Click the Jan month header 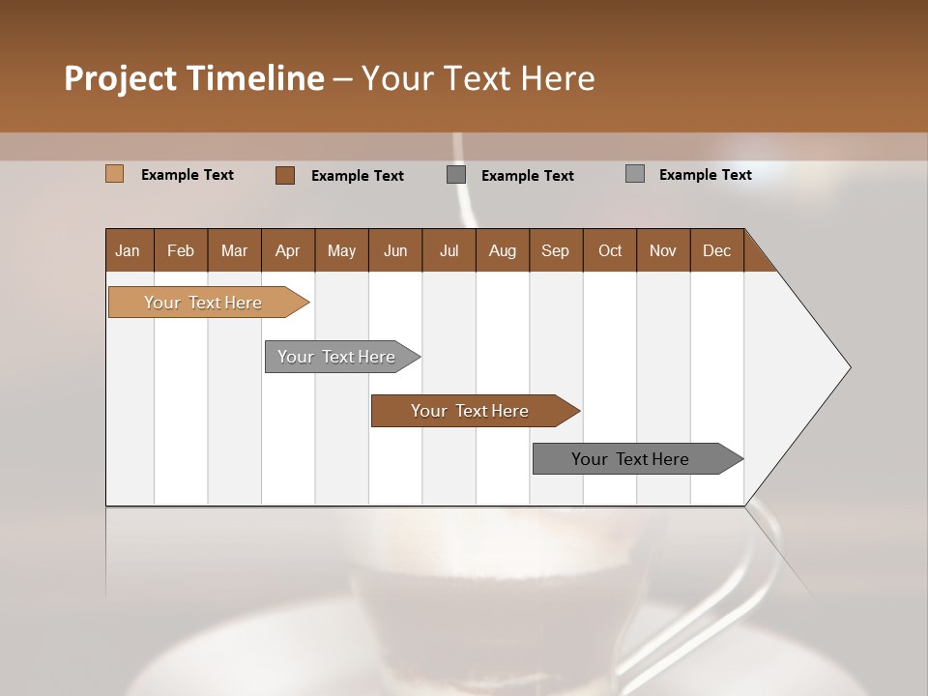coord(129,250)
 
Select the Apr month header coord(288,250)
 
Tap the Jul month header coord(449,250)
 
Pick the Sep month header coord(555,250)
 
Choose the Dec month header coord(716,250)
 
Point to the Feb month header coord(181,250)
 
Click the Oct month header coord(610,250)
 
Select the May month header coord(341,250)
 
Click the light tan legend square coord(115,174)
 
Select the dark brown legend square coord(285,175)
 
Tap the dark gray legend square coord(456,175)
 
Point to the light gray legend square coord(635,174)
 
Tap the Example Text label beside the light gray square coord(705,175)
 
